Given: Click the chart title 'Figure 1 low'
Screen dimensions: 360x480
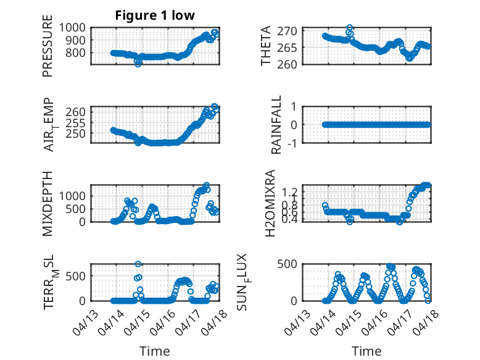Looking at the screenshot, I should (x=155, y=15).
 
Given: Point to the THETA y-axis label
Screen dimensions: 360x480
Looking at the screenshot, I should (x=266, y=46).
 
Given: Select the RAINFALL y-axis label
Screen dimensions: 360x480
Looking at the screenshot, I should (x=277, y=125).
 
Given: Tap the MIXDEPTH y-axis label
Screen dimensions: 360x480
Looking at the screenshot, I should (x=48, y=203).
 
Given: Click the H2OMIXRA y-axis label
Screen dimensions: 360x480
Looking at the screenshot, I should (x=270, y=203).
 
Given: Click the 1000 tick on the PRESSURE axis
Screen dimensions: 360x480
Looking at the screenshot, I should (x=73, y=27).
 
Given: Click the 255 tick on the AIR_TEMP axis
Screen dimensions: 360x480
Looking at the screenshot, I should (x=78, y=122).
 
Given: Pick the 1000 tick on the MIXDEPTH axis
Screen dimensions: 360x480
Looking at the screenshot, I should (x=73, y=195).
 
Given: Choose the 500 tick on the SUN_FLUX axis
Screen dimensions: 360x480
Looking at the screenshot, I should (x=291, y=264).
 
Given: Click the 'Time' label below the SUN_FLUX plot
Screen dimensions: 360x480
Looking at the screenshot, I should (x=367, y=351).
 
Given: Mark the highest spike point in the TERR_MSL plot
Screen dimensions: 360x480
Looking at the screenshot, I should (x=138, y=264).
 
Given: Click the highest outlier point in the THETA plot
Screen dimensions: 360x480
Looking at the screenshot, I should (x=350, y=28).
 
